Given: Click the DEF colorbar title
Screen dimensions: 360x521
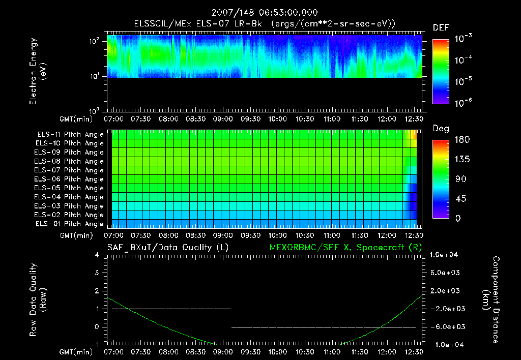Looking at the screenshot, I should point(441,28).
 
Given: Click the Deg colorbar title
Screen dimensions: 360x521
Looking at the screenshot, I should point(441,129).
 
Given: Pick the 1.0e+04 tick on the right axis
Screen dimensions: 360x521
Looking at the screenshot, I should point(446,255).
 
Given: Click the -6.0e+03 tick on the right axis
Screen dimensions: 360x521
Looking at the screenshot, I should point(446,326).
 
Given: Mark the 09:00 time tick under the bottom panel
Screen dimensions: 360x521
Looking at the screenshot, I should point(223,352).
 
